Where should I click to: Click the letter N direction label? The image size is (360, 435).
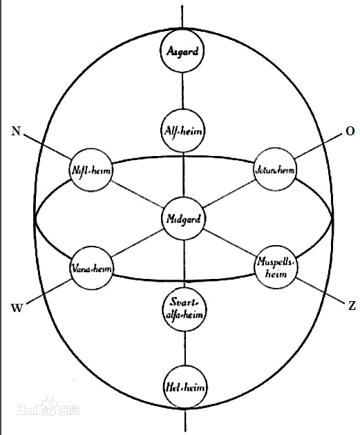coord(16,131)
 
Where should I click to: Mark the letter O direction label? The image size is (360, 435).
coord(350,131)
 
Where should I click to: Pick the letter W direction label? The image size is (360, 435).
coord(17,308)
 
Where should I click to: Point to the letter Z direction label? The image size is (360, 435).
coord(352,306)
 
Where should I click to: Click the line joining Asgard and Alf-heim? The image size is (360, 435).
coord(182,91)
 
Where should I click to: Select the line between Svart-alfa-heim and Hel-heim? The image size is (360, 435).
coord(185,348)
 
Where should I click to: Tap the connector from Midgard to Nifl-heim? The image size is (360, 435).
coord(137,194)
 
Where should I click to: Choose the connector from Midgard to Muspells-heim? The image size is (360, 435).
coord(229,242)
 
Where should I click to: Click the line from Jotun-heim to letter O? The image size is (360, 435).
coord(318,146)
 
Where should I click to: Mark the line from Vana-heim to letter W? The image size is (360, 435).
coord(49,291)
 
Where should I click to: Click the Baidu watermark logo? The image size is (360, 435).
coord(48,407)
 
